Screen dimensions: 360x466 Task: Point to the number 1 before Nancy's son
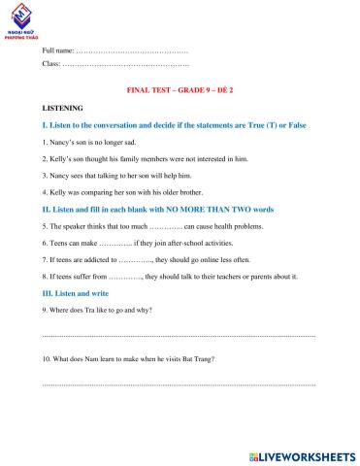pos(46,143)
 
